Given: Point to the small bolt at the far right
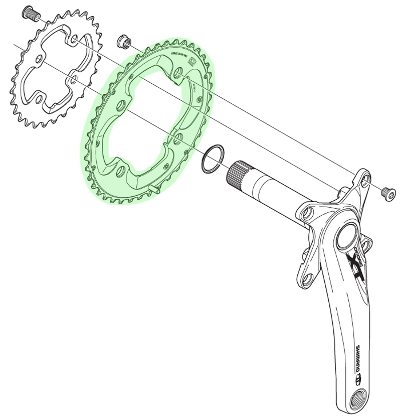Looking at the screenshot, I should pos(387,191).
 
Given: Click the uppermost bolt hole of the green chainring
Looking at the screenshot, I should pos(177,75).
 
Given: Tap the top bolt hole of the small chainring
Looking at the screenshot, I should pos(74,39).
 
